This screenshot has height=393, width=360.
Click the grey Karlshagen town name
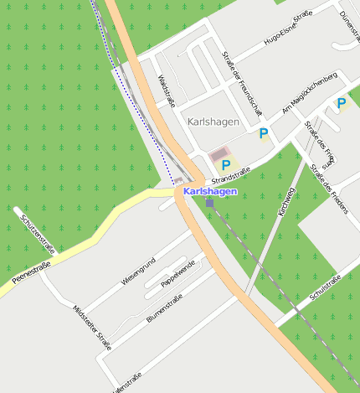(214, 122)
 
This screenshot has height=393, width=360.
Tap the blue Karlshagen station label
(209, 191)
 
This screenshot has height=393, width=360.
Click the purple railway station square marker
(209, 202)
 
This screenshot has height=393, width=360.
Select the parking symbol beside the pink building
(225, 165)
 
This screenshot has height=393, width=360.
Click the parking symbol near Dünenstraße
(341, 104)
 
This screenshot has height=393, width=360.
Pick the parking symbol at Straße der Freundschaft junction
(264, 132)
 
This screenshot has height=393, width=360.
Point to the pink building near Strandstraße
(220, 154)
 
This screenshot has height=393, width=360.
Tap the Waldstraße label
(167, 91)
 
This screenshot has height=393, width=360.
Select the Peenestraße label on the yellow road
(32, 271)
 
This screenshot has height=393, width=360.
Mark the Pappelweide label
(177, 276)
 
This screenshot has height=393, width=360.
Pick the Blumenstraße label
(164, 312)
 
